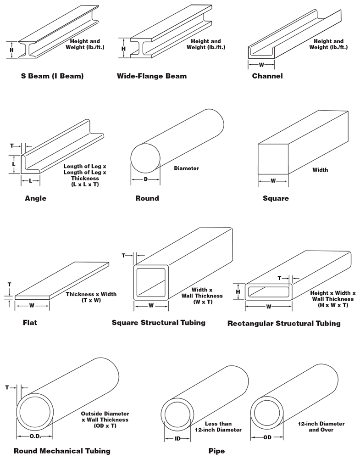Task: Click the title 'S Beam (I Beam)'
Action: [52, 76]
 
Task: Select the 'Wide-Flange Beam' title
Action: [152, 76]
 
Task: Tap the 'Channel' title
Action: [267, 76]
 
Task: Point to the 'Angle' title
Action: [35, 199]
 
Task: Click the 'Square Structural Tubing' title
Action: [159, 323]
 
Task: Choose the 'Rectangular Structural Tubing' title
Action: [284, 324]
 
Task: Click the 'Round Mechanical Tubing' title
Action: [62, 451]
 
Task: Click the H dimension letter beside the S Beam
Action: [12, 50]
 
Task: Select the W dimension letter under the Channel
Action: [262, 65]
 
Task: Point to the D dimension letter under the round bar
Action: [145, 179]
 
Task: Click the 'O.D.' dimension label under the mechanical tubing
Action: [35, 436]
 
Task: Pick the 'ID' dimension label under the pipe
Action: [177, 438]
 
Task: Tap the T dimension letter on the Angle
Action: [12, 146]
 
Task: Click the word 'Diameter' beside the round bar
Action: [186, 168]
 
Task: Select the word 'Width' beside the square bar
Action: [320, 170]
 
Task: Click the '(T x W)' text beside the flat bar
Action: [91, 301]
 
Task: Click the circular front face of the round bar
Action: [145, 159]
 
